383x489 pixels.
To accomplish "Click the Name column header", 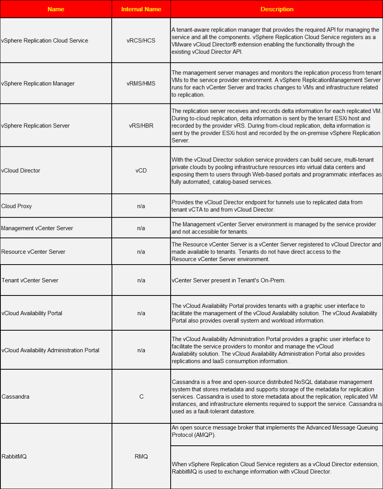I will pyautogui.click(x=56, y=9).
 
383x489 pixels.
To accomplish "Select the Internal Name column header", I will pyautogui.click(x=141, y=9).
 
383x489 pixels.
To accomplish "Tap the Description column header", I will pyautogui.click(x=277, y=9).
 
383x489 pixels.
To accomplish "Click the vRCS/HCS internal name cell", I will pyautogui.click(x=141, y=41).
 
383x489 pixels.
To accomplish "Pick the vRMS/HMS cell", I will pyautogui.click(x=141, y=83).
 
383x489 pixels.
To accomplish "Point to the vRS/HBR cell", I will pyautogui.click(x=141, y=126).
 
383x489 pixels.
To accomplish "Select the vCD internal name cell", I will pyautogui.click(x=141, y=170).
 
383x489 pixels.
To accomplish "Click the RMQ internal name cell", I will pyautogui.click(x=141, y=457).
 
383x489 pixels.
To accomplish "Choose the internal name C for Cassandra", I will pyautogui.click(x=141, y=397).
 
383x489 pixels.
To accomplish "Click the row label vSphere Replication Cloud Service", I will pyautogui.click(x=45, y=41).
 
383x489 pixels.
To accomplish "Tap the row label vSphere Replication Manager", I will pyautogui.click(x=38, y=83).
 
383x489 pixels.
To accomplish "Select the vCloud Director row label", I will pyautogui.click(x=21, y=170).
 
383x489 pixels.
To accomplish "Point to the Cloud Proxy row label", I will pyautogui.click(x=17, y=206).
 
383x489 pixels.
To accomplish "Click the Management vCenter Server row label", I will pyautogui.click(x=37, y=228).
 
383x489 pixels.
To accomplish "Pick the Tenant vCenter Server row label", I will pyautogui.click(x=30, y=280).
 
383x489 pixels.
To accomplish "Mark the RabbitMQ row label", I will pyautogui.click(x=14, y=457).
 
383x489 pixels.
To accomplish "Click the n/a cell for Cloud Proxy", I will pyautogui.click(x=141, y=206).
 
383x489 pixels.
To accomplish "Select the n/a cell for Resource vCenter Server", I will pyautogui.click(x=141, y=252).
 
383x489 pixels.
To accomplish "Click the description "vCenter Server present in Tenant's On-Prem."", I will pyautogui.click(x=229, y=280).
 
